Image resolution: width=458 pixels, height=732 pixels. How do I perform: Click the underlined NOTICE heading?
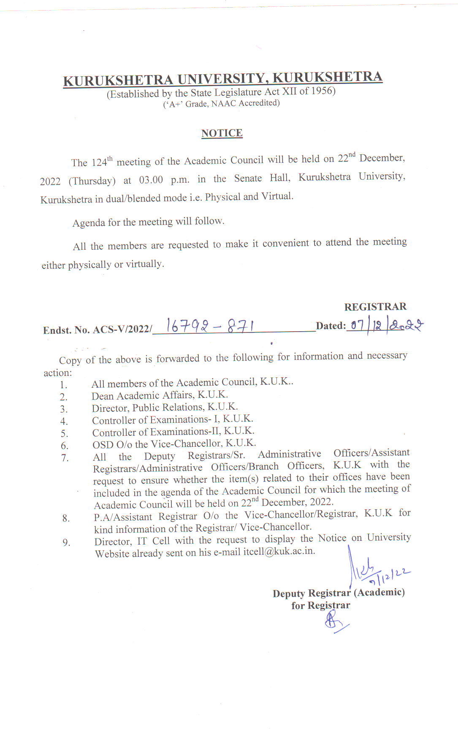pos(222,133)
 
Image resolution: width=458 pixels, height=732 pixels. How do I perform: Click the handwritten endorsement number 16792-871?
pos(210,326)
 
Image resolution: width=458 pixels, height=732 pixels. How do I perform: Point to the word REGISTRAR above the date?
pos(375,307)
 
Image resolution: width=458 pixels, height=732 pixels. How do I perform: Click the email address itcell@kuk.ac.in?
pos(279,551)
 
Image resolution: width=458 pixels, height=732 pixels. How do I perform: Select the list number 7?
pos(65,458)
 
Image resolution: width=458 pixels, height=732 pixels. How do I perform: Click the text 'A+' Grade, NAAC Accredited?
pos(221,103)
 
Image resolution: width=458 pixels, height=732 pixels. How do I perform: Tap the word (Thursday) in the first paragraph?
pos(92,181)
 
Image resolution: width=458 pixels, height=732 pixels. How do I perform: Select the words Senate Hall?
pos(262,178)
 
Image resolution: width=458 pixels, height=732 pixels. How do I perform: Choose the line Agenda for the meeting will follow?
pos(148,222)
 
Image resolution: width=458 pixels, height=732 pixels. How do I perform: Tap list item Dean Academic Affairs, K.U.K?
pos(160,395)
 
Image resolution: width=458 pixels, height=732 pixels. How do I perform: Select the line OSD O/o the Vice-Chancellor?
pos(174,444)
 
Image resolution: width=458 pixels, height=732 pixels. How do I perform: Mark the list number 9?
pos(66,543)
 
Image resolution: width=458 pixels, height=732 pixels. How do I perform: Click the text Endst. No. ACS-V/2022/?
pos(97,330)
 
